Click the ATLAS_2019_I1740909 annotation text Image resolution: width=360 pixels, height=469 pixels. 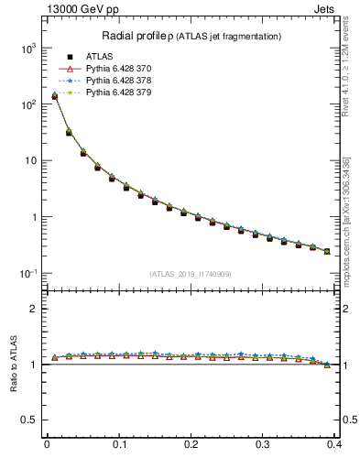(x=190, y=274)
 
